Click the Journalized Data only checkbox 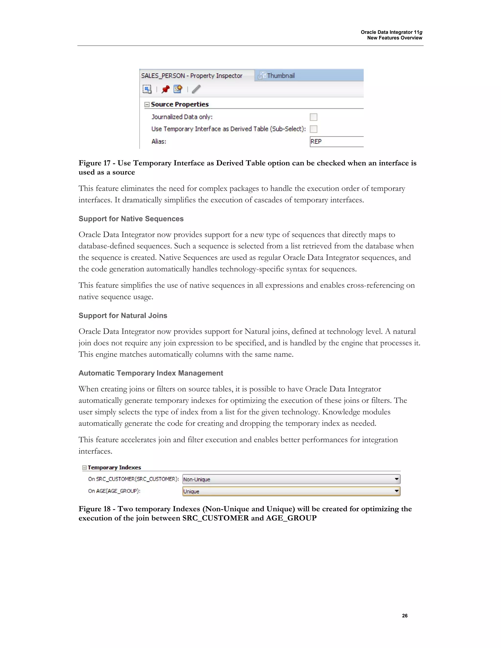click(x=313, y=117)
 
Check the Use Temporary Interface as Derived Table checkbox click(x=313, y=129)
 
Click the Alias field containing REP click(x=336, y=142)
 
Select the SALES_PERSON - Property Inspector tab click(x=192, y=76)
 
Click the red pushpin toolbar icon click(x=165, y=89)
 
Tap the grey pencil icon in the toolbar click(x=196, y=89)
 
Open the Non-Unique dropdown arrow click(x=397, y=479)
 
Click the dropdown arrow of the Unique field click(x=397, y=491)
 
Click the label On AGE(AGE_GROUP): click(x=114, y=491)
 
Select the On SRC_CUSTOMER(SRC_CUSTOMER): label click(x=133, y=479)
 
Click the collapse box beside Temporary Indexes click(x=84, y=468)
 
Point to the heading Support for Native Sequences click(x=131, y=219)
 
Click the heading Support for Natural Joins click(x=123, y=315)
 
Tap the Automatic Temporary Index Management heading click(x=151, y=373)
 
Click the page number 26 click(x=405, y=616)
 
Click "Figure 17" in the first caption click(x=94, y=163)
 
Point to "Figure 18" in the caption click(x=94, y=509)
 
